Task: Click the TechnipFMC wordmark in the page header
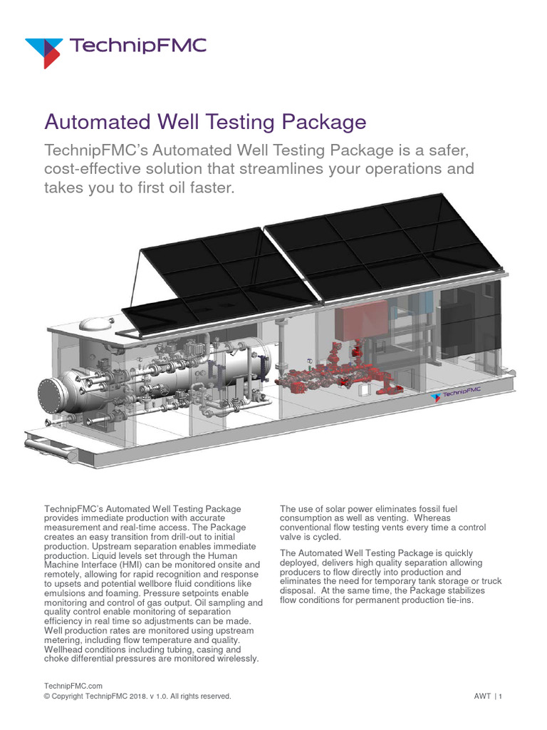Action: click(140, 47)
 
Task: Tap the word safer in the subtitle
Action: click(441, 151)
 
